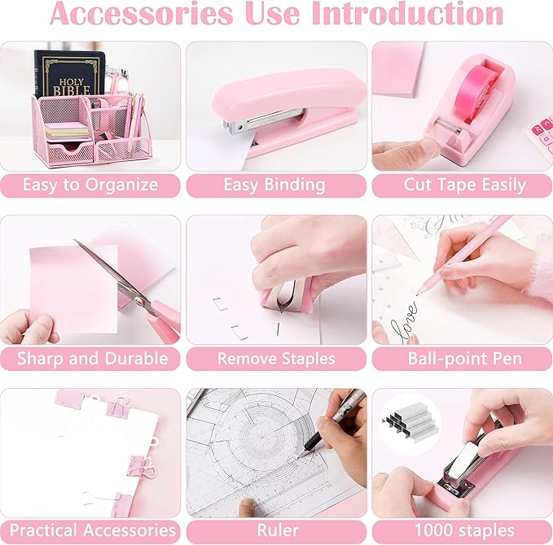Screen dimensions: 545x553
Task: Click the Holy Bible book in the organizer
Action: click(x=69, y=77)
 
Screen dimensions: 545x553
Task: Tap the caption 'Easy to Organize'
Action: click(x=90, y=185)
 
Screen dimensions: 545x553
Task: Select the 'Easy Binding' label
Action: click(x=274, y=185)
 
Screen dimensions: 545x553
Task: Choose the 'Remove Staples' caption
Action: click(x=276, y=358)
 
